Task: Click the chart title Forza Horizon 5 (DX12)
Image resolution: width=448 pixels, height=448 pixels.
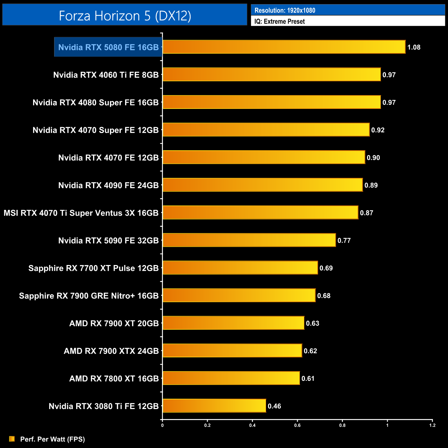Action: pos(125,16)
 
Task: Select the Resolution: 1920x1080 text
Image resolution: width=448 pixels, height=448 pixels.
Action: pos(285,10)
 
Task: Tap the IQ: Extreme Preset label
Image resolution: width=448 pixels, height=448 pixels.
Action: pos(279,21)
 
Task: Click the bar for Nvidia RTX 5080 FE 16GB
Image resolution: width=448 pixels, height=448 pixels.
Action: pos(284,47)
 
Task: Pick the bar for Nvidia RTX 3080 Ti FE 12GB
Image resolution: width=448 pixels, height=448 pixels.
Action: pos(214,406)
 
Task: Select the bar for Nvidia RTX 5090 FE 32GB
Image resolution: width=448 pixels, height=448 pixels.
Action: pos(249,240)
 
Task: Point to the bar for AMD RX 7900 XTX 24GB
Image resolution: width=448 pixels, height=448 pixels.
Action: pos(232,350)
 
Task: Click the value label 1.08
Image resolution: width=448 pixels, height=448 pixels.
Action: pos(414,47)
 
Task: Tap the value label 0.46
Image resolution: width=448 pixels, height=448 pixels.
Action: pos(274,406)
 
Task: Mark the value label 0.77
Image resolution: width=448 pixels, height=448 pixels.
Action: pos(344,241)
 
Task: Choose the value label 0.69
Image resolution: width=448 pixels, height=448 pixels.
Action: pos(326,268)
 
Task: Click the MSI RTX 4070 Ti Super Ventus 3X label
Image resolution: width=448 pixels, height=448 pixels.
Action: pos(81,213)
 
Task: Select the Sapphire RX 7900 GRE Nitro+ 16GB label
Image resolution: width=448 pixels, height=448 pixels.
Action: pos(89,296)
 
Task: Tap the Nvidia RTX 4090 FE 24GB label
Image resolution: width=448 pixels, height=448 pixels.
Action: pos(108,185)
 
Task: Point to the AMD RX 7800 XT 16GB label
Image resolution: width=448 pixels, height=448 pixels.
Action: pos(114,378)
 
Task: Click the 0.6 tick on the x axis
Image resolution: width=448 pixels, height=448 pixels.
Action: pos(297,425)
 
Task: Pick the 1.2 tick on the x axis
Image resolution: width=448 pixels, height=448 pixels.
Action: pos(432,425)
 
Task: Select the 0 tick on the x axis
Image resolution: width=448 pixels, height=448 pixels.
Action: pos(162,425)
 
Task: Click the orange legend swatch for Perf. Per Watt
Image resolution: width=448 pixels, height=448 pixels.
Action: pos(12,439)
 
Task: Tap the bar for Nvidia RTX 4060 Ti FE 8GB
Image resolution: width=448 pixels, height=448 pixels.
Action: pos(271,74)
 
